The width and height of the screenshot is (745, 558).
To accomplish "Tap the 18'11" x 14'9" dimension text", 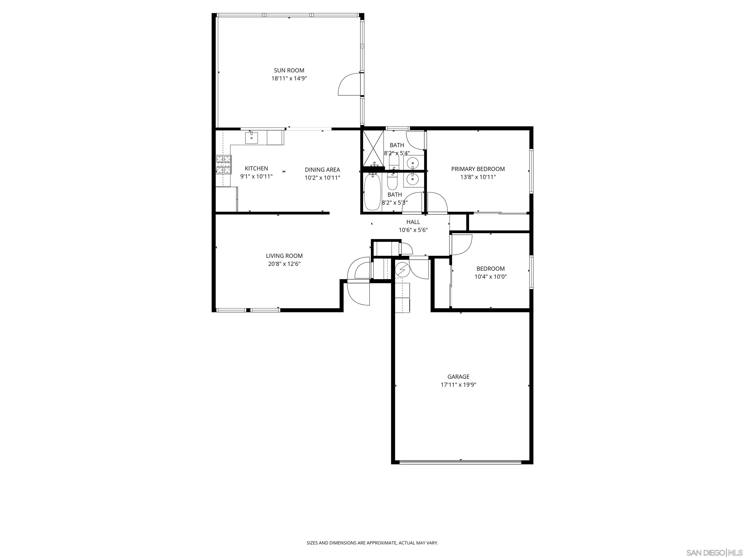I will (x=289, y=79).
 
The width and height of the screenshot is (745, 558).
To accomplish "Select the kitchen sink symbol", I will (x=251, y=138).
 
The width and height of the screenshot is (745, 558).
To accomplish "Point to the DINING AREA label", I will (x=322, y=170).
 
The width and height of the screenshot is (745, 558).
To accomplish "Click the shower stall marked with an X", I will (x=373, y=148).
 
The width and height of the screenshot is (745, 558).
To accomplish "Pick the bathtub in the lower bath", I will (x=372, y=192).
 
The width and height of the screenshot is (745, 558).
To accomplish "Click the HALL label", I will (x=413, y=222).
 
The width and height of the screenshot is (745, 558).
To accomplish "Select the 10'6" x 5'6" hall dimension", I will (x=413, y=230).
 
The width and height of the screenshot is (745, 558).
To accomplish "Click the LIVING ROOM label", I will (x=284, y=256).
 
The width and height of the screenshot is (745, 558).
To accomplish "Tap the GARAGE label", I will (x=458, y=377).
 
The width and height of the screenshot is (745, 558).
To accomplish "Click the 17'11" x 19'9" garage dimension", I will (x=458, y=385).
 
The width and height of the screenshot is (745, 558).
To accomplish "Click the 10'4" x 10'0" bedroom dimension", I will (x=490, y=277).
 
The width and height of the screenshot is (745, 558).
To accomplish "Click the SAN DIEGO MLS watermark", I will (x=714, y=553).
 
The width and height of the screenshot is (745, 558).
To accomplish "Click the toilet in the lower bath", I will (x=392, y=182).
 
